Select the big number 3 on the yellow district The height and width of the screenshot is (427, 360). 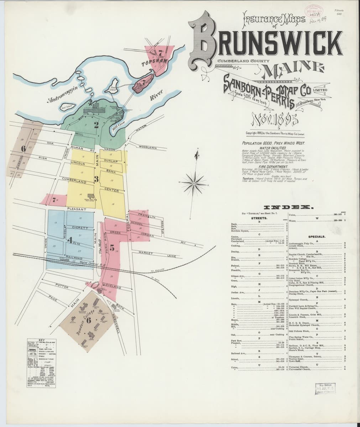click(96, 178)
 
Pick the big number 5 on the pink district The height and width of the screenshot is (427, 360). click(111, 248)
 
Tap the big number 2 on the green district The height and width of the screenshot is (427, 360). click(96, 125)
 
